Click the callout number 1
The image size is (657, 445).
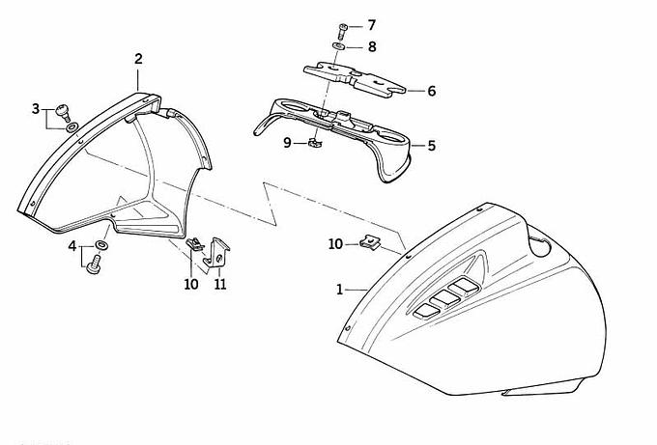click(339, 289)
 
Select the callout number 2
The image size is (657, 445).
click(138, 59)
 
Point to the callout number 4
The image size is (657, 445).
click(71, 246)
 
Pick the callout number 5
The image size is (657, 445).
click(431, 146)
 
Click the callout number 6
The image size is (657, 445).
click(431, 91)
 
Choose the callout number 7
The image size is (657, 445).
click(372, 25)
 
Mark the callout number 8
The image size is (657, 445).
click(372, 45)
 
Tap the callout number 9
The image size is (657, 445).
click(287, 143)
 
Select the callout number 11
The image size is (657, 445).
click(220, 285)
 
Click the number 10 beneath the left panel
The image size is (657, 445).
click(190, 285)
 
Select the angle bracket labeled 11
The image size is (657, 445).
click(220, 252)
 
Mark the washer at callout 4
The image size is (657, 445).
click(101, 245)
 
